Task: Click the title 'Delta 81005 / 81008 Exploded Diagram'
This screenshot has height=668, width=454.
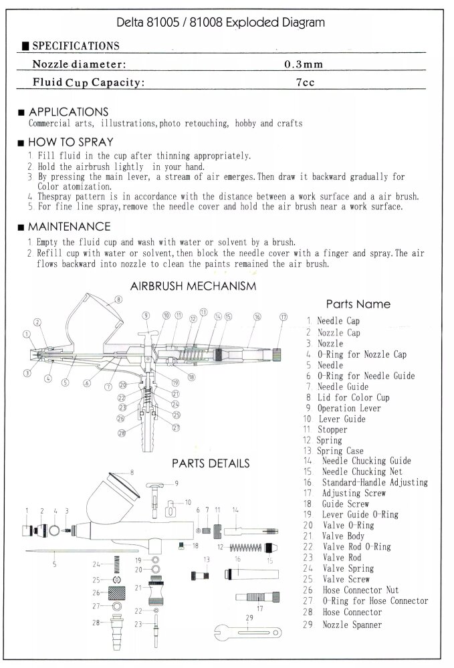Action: (x=220, y=22)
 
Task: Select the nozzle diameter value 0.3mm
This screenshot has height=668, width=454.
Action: (x=304, y=65)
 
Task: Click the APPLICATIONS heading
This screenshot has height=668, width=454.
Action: (x=68, y=111)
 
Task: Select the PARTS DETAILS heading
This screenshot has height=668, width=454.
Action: (x=211, y=463)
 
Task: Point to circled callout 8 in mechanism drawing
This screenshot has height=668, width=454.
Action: (x=118, y=301)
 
